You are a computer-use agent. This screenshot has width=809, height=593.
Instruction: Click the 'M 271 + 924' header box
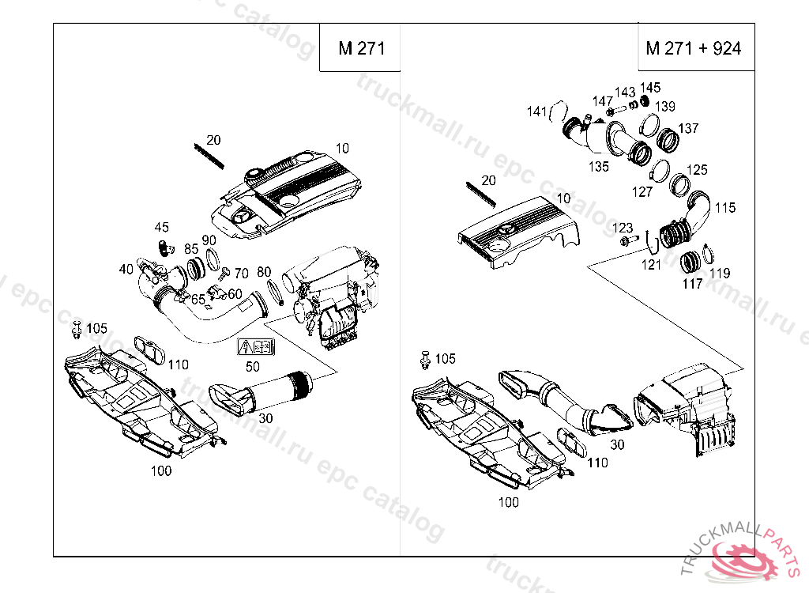[694, 48]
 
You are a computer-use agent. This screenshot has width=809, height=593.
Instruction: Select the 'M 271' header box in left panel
[361, 48]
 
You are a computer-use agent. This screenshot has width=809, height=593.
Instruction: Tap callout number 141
[537, 112]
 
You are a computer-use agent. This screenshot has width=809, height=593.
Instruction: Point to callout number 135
[598, 167]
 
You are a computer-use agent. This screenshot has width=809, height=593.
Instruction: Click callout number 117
[692, 283]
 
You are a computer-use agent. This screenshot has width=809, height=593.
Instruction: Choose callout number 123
[623, 228]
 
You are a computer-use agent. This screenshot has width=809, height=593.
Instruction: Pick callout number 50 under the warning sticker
[253, 366]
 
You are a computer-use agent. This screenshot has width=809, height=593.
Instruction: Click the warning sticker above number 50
[255, 346]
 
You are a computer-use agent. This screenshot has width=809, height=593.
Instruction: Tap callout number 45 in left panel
[161, 228]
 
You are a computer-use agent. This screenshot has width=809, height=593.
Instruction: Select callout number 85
[191, 248]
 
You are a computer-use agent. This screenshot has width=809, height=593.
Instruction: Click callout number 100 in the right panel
[509, 502]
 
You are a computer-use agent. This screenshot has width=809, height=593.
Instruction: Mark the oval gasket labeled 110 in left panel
[148, 350]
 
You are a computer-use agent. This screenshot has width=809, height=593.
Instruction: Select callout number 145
[650, 88]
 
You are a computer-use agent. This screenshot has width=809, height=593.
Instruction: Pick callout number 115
[725, 208]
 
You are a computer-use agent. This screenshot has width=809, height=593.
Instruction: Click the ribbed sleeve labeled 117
[691, 259]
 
